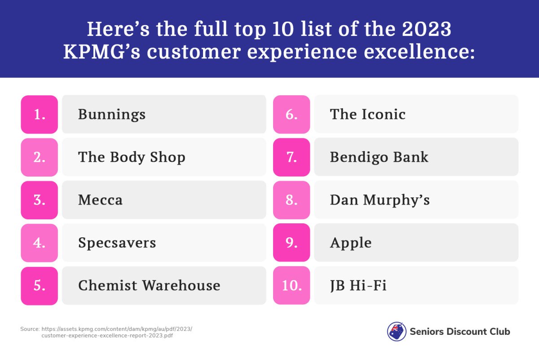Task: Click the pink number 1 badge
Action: click(x=39, y=114)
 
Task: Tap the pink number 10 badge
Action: click(x=292, y=285)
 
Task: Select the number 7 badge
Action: click(x=292, y=157)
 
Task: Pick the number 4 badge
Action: click(x=39, y=243)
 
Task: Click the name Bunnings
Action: click(x=112, y=115)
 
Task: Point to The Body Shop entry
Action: click(x=132, y=157)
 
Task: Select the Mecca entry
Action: click(x=100, y=200)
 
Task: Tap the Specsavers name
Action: click(x=117, y=243)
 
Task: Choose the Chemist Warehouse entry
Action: click(x=149, y=285)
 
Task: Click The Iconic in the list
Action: click(x=368, y=114)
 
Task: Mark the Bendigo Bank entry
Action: click(x=379, y=157)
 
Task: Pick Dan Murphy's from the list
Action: click(x=380, y=200)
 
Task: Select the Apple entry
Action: click(x=351, y=243)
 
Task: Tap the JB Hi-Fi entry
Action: click(x=358, y=285)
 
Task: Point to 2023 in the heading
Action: click(x=427, y=29)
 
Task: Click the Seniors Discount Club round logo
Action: click(x=397, y=332)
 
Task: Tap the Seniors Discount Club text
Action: click(x=460, y=332)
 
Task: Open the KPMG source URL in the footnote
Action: click(x=117, y=332)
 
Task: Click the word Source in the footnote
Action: click(x=30, y=329)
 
